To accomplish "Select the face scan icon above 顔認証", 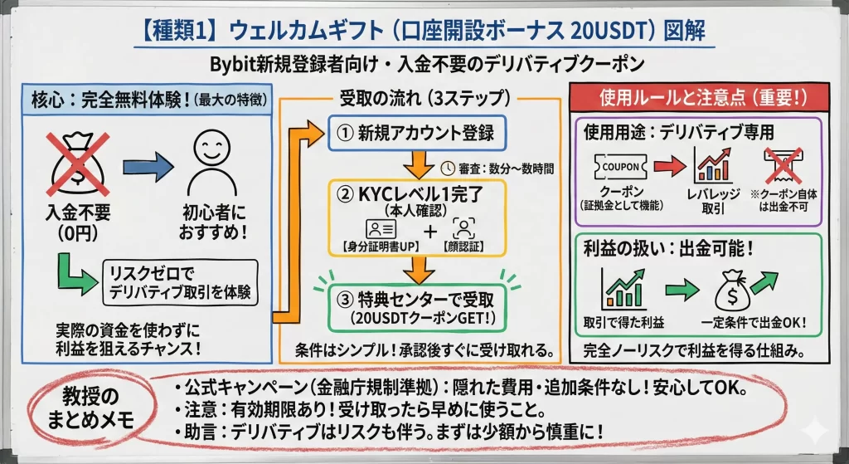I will pyautogui.click(x=462, y=228).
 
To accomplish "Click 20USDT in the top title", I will pyautogui.click(x=607, y=31).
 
